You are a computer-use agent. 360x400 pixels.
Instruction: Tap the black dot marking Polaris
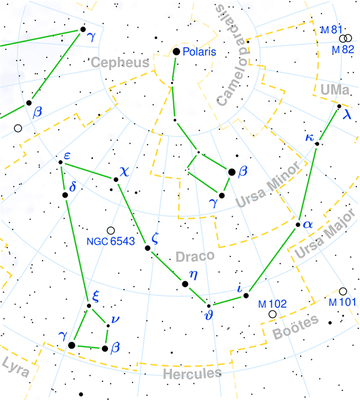pyautogui.click(x=176, y=52)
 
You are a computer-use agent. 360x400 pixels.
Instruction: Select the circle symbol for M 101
pyautogui.click(x=343, y=291)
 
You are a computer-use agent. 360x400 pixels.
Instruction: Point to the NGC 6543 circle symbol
pyautogui.click(x=110, y=231)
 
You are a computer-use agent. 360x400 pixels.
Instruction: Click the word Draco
pyautogui.click(x=195, y=256)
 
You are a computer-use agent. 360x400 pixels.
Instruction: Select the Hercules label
pyautogui.click(x=191, y=374)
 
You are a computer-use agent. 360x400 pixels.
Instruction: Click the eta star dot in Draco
pyautogui.click(x=185, y=283)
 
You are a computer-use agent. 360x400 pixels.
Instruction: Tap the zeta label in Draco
pyautogui.click(x=155, y=237)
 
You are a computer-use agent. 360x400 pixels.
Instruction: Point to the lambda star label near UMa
pyautogui.click(x=347, y=115)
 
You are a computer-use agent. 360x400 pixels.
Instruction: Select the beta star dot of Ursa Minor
pyautogui.click(x=232, y=172)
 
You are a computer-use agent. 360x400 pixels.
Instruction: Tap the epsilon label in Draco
pyautogui.click(x=67, y=154)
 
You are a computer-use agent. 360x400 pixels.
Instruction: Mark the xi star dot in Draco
pyautogui.click(x=89, y=306)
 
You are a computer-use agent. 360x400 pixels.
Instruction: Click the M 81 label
pyautogui.click(x=329, y=29)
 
